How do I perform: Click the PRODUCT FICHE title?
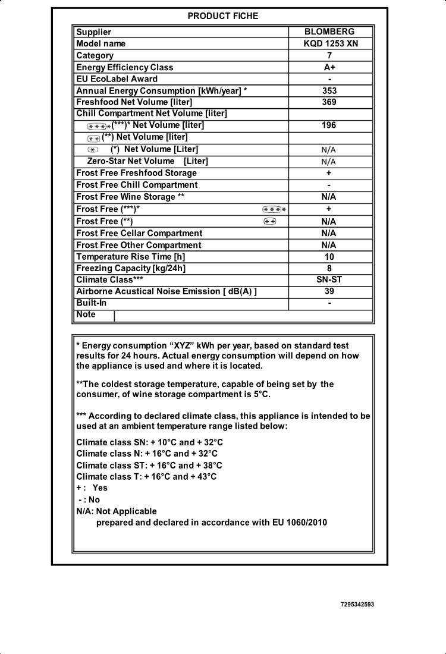click(223, 16)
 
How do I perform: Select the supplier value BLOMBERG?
click(329, 32)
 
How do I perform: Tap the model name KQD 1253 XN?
click(331, 43)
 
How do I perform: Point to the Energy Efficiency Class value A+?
click(329, 67)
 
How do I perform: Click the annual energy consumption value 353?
click(329, 91)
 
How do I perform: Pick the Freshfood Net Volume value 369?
click(329, 102)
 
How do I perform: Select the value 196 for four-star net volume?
click(329, 125)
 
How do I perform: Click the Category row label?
click(95, 56)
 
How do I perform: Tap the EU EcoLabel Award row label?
click(117, 79)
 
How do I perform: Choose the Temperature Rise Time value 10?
click(329, 257)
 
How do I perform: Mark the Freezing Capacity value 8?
click(329, 269)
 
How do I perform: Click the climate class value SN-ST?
click(329, 280)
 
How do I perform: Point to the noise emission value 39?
click(329, 291)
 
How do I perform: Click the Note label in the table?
click(86, 315)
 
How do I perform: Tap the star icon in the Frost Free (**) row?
click(270, 222)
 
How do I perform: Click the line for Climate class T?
click(146, 477)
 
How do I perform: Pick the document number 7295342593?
click(357, 605)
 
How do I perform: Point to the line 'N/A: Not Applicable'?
click(117, 511)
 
